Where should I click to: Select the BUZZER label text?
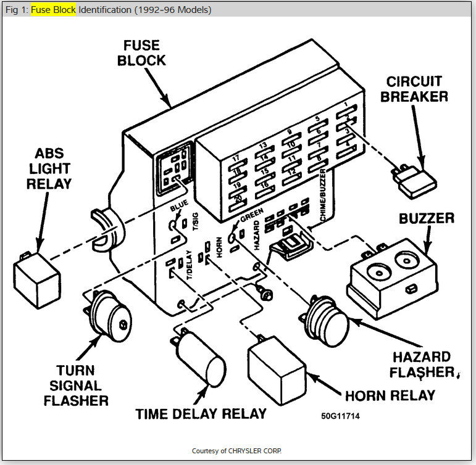pos(427,218)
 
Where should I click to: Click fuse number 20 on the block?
pos(238,199)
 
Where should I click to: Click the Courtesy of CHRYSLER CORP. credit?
pos(238,450)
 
